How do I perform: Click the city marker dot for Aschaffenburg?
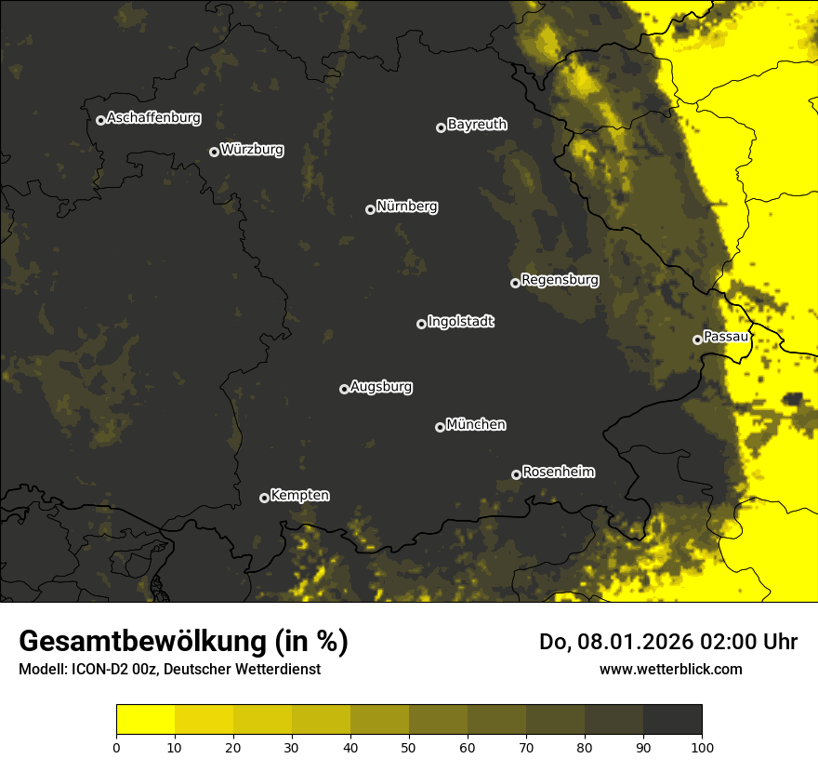click(x=100, y=120)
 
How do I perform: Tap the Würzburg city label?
click(x=252, y=150)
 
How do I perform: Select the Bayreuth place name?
click(x=477, y=125)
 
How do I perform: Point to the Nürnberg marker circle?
click(x=370, y=209)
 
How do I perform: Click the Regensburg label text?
click(x=560, y=280)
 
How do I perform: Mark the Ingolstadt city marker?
click(x=421, y=324)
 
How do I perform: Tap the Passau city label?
click(x=726, y=337)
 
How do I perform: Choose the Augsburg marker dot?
click(x=344, y=389)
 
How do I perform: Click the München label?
click(x=476, y=425)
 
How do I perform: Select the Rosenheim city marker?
click(x=516, y=474)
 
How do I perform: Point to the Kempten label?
click(x=299, y=496)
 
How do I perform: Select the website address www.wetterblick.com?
click(x=670, y=670)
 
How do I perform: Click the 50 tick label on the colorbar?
click(x=409, y=747)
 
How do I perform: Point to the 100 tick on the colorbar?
click(x=702, y=747)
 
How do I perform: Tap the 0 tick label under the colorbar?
click(x=116, y=747)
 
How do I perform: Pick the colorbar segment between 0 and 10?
click(x=145, y=720)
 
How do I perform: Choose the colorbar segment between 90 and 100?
click(x=672, y=720)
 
